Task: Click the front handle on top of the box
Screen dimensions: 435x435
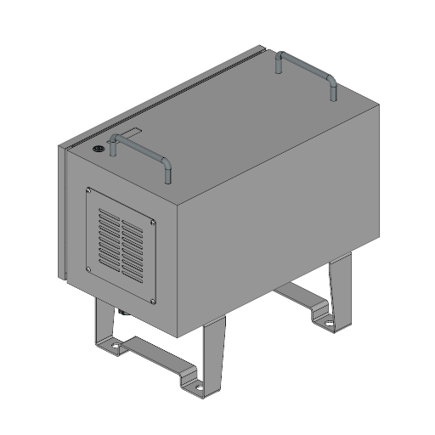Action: tap(139, 147)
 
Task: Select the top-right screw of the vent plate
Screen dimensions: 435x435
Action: tap(152, 223)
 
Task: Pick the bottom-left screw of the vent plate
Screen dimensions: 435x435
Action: tap(90, 270)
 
